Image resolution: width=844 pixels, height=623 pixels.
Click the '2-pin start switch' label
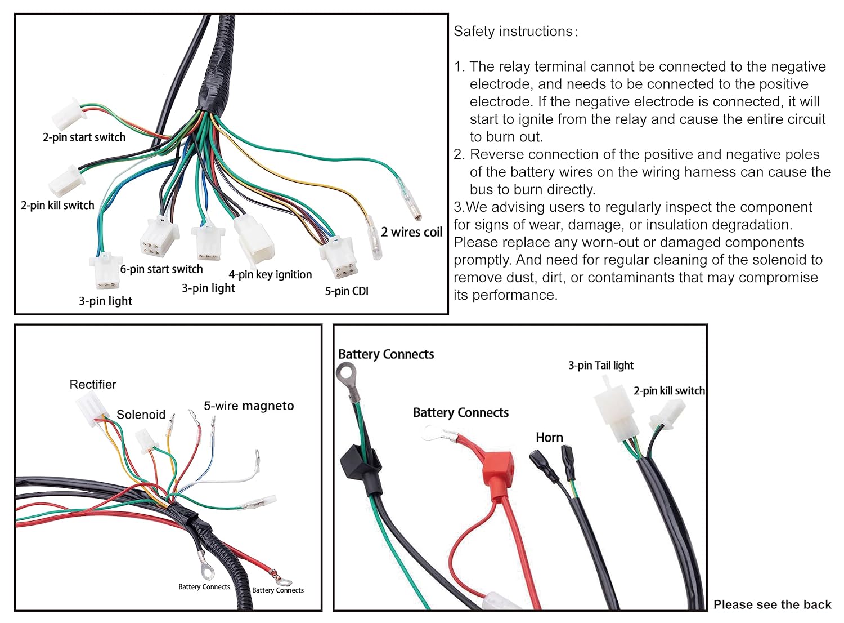(84, 137)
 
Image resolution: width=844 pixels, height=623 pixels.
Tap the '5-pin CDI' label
(347, 291)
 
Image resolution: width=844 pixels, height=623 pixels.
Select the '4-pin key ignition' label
(270, 274)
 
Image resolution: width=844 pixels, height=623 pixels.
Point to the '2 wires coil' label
(411, 232)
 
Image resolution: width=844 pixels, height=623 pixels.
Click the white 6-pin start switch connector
(159, 237)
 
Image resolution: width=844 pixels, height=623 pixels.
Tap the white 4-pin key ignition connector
(254, 240)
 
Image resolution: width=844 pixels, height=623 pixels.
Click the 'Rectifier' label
(93, 384)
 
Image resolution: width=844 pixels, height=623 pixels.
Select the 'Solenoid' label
(141, 415)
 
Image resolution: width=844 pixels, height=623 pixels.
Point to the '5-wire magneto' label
(249, 406)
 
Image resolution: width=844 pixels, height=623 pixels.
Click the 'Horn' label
(549, 437)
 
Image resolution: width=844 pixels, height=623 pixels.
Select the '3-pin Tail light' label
(600, 365)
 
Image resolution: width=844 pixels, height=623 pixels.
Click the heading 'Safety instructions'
(515, 32)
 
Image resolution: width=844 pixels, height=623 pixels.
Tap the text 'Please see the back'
(772, 604)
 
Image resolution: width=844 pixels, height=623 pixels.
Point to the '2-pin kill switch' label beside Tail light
(669, 390)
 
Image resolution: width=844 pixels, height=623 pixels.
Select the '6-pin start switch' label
(161, 269)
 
